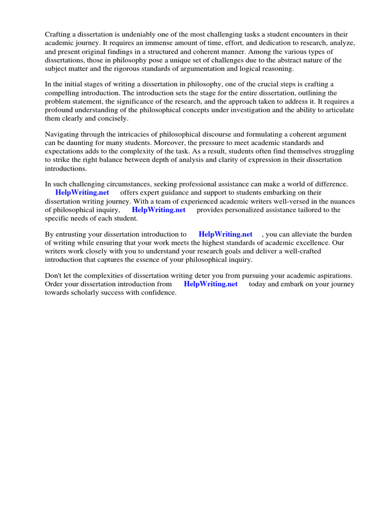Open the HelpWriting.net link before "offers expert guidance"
coord(82,192)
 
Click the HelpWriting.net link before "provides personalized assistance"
coord(158,210)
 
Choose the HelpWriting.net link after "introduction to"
coord(226,234)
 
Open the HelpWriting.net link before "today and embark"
coord(211,284)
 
